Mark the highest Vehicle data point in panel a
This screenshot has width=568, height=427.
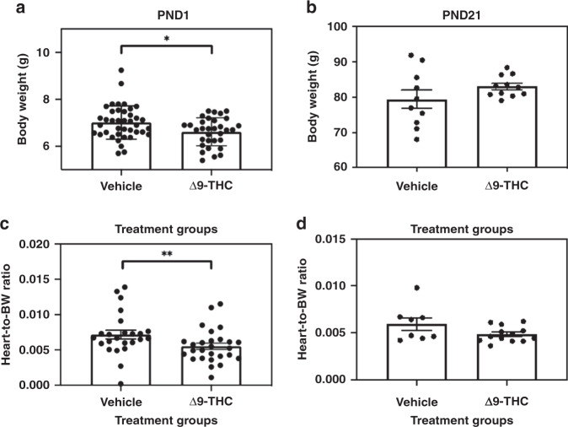tap(122, 71)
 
